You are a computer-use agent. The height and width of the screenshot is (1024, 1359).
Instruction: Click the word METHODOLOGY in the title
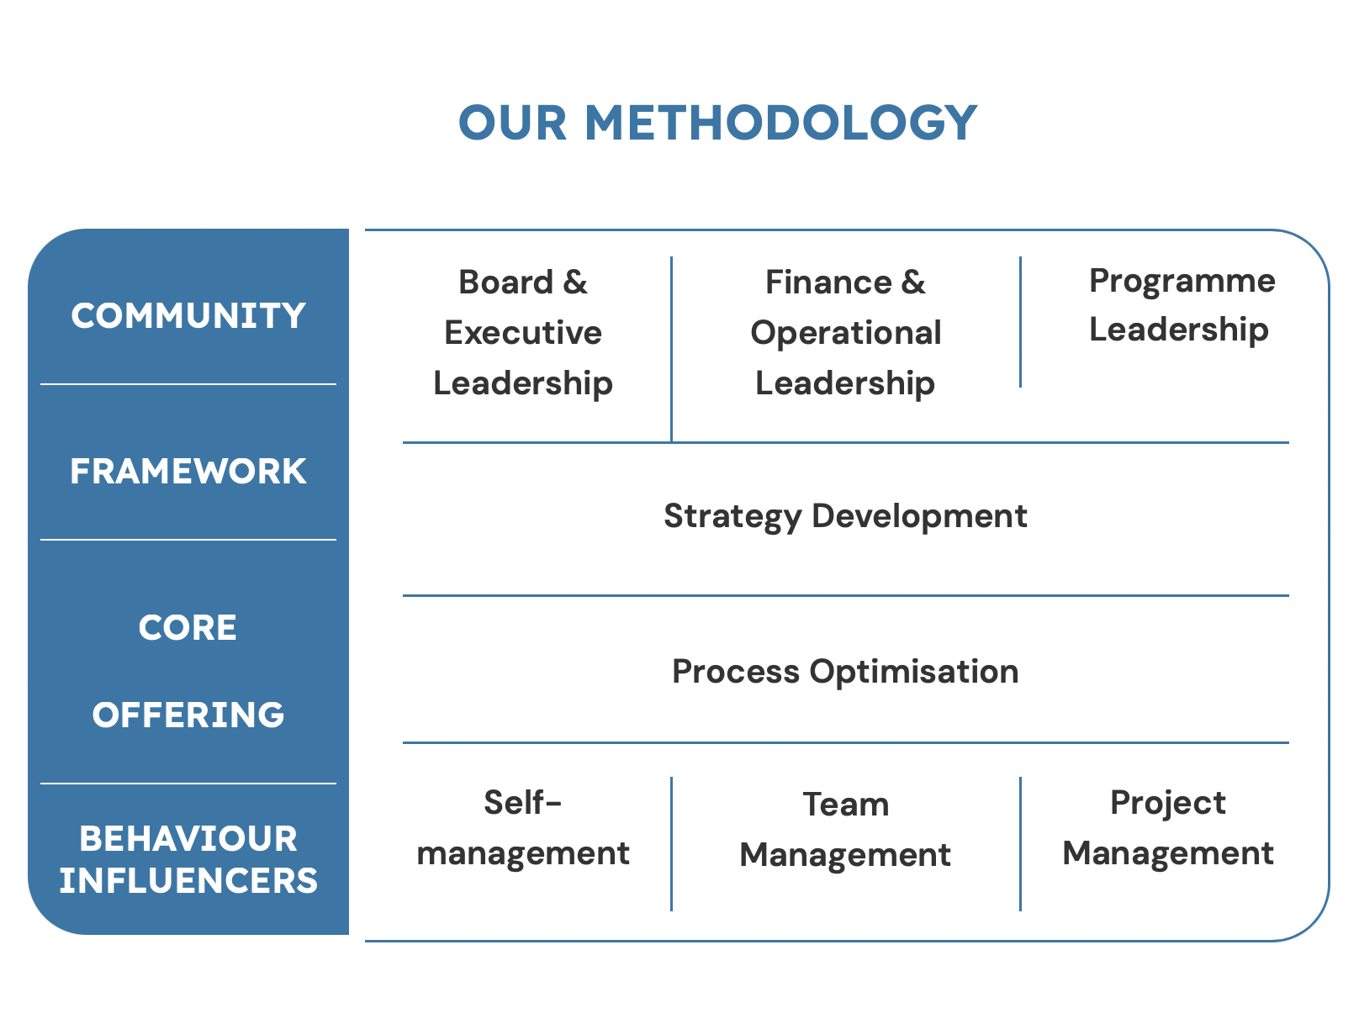(780, 123)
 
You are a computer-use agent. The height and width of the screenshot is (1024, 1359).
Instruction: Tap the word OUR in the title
(513, 123)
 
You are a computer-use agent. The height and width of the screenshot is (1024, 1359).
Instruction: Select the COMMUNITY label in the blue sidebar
(188, 315)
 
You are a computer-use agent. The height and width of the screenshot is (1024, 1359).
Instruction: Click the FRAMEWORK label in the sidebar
(188, 471)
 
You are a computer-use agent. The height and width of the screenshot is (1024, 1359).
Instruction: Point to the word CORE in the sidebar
(188, 627)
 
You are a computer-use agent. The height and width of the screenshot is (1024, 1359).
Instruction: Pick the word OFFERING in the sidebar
(188, 715)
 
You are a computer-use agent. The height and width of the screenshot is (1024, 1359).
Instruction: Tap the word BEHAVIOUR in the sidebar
(188, 838)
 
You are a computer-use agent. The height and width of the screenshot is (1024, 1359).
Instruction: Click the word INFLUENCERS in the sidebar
(188, 880)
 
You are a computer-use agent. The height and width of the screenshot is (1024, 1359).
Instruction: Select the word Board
(505, 282)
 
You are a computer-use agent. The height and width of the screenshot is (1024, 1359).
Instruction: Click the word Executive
(523, 333)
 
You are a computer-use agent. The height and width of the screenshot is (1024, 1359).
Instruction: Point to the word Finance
(828, 282)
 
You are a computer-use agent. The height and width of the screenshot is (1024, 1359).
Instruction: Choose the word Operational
(846, 334)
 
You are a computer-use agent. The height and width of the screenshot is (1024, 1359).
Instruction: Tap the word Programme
(1182, 282)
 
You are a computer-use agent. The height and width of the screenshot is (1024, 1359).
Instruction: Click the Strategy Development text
(846, 517)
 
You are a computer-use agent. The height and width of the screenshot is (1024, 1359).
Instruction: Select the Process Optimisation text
(846, 672)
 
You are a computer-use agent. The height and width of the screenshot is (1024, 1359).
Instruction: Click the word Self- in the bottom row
(522, 803)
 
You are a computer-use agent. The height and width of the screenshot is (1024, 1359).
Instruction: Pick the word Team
(846, 805)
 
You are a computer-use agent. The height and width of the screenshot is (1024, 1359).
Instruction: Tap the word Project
(1168, 804)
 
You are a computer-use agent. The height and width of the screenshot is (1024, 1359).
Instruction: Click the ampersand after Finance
(913, 282)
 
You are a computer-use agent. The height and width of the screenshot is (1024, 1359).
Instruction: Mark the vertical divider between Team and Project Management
(1020, 844)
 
